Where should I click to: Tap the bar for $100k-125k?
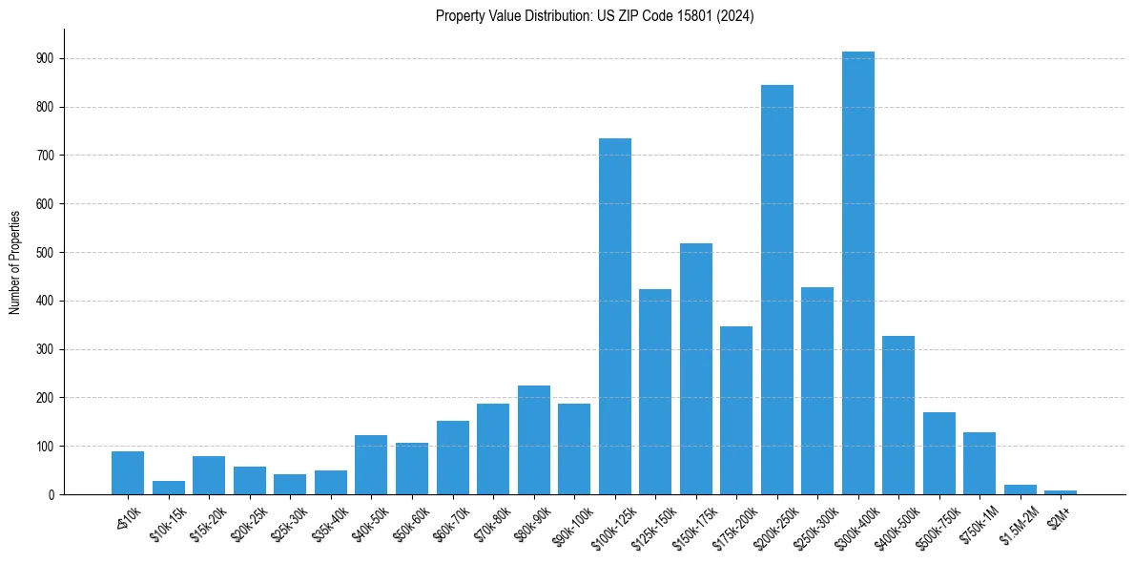[614, 316]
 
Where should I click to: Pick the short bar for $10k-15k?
[168, 488]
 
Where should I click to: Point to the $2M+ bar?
[1060, 491]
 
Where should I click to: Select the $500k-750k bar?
[938, 453]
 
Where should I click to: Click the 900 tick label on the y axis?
[45, 59]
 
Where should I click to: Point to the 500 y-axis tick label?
[45, 253]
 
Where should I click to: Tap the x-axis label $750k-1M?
[976, 524]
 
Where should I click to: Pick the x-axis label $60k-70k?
[451, 523]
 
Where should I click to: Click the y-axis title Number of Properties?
[15, 261]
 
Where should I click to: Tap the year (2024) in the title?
[735, 16]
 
